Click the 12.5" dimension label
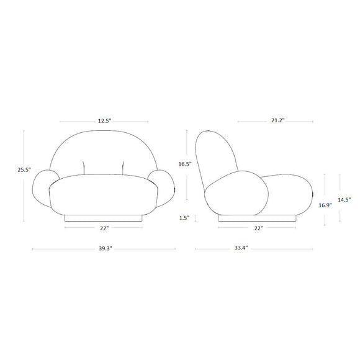point(105,121)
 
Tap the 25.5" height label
point(24,170)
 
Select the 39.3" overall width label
point(106,248)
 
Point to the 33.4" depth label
point(241,248)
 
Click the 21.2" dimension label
point(278,120)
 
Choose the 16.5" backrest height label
point(185,164)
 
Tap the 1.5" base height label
point(184,218)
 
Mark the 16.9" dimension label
point(325,205)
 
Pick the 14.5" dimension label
point(344,200)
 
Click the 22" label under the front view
point(104,228)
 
